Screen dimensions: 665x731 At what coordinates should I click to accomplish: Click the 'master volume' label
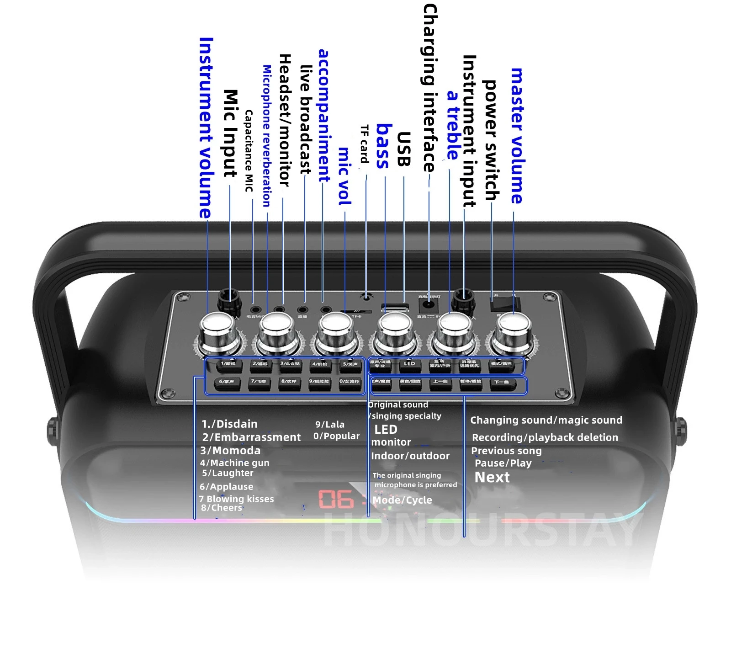517,136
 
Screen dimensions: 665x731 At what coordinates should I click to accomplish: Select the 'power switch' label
491,140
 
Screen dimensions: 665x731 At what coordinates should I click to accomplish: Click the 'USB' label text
403,149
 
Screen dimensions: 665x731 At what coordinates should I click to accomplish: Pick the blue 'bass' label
384,146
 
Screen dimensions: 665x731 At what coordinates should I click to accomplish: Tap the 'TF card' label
365,144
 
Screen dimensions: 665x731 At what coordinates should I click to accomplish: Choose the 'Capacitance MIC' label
249,151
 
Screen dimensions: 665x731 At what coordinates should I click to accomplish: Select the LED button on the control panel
409,364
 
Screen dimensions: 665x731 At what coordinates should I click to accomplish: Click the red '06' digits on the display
336,499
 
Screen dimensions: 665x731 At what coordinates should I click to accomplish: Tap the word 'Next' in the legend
492,478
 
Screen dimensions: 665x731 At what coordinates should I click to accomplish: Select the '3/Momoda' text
230,451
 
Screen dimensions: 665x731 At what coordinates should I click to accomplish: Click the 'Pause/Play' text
503,463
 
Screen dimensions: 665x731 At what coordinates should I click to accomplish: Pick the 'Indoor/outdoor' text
410,456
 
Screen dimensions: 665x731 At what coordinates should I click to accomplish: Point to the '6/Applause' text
226,487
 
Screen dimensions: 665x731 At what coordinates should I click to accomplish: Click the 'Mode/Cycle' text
402,500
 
